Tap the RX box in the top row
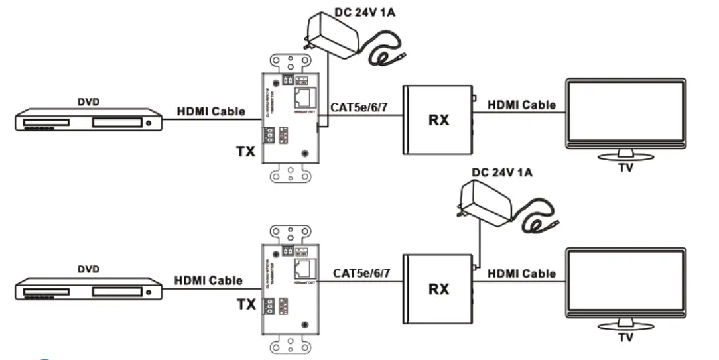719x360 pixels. (438, 120)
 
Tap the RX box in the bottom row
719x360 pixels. (438, 288)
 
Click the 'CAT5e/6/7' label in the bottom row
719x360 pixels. (362, 273)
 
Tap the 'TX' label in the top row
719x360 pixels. (245, 151)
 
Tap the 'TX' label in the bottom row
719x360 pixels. (247, 306)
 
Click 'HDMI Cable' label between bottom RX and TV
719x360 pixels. (521, 274)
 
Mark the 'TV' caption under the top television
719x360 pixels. (625, 168)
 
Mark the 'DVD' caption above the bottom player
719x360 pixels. (88, 269)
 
